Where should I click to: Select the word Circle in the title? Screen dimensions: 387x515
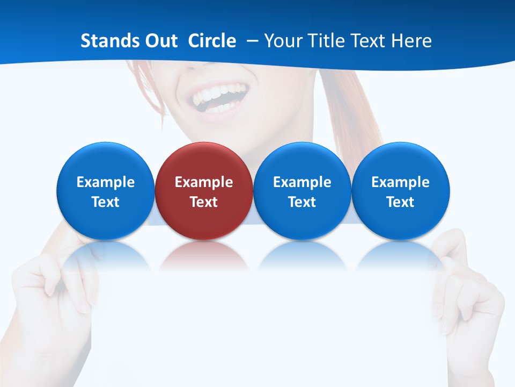click(212, 41)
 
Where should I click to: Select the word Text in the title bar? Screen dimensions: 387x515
click(366, 41)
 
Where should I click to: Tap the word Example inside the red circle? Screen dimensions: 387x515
click(203, 182)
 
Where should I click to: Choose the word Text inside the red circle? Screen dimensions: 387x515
click(203, 202)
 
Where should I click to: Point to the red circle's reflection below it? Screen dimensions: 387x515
click(203, 255)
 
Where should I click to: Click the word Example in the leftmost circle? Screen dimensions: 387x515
click(105, 182)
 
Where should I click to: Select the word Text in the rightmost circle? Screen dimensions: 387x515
click(400, 202)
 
